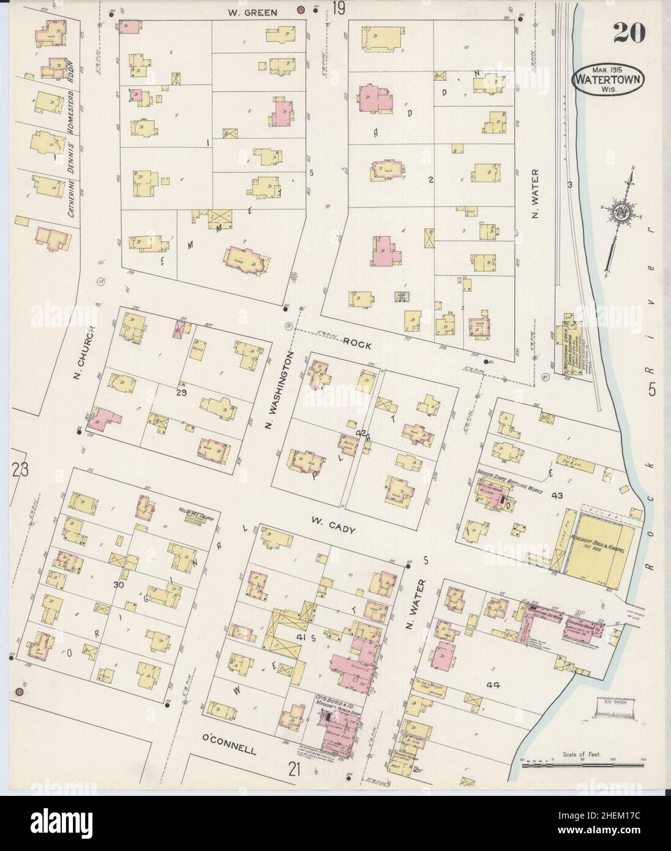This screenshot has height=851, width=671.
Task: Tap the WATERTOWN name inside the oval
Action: click(x=602, y=78)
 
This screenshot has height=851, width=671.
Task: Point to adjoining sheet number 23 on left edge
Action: click(x=20, y=470)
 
